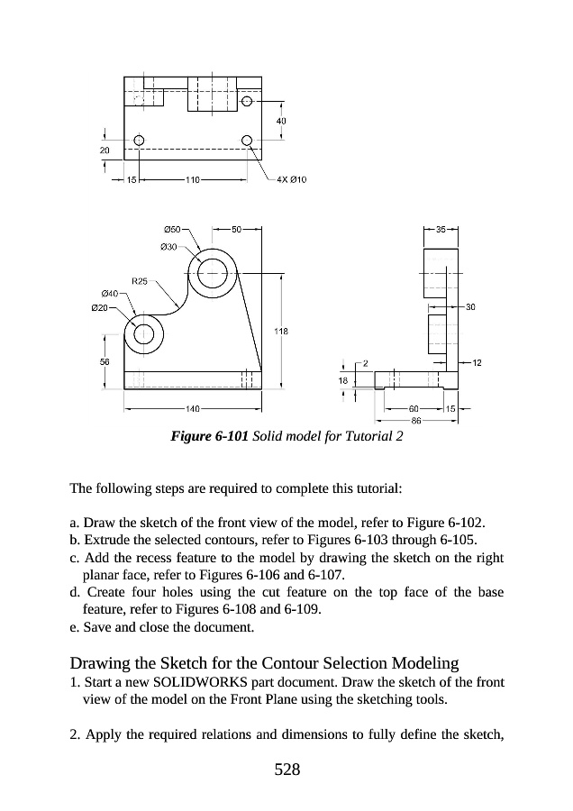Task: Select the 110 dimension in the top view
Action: click(x=192, y=179)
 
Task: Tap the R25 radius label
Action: click(x=141, y=281)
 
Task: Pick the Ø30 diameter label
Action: click(x=168, y=245)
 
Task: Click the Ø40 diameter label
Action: click(x=109, y=293)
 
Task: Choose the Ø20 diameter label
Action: click(x=100, y=308)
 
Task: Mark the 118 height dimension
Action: click(x=281, y=332)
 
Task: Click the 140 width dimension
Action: click(x=193, y=408)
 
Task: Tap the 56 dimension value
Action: click(x=105, y=362)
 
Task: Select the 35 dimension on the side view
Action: click(x=441, y=230)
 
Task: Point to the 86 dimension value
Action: click(x=417, y=420)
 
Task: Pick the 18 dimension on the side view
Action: click(x=342, y=381)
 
